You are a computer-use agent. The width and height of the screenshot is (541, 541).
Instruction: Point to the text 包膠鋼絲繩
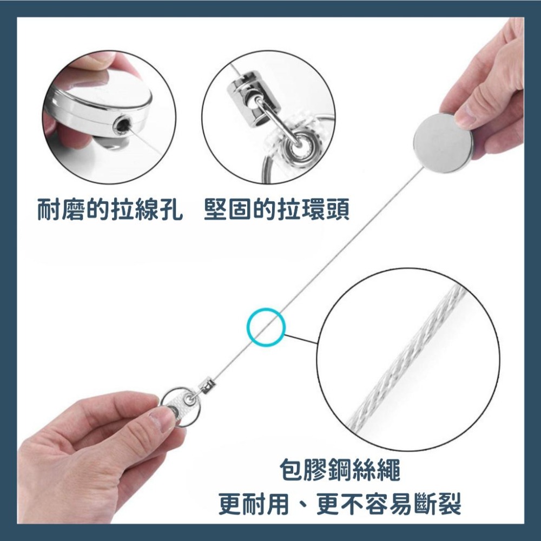click(x=341, y=471)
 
